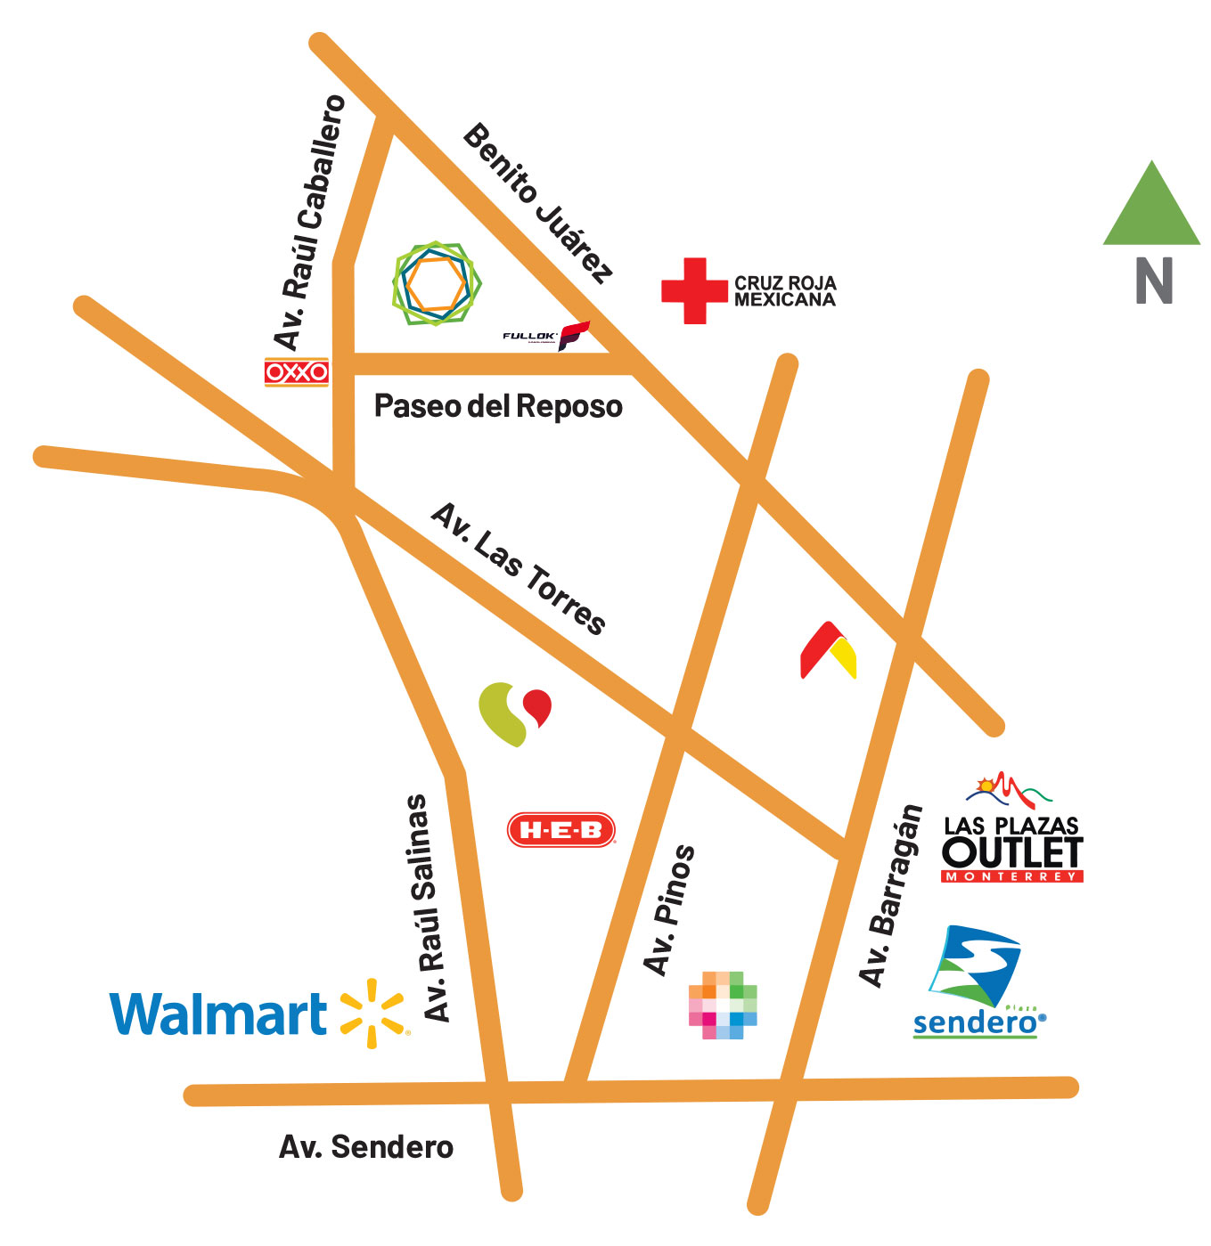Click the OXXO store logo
(296, 371)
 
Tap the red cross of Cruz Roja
(694, 290)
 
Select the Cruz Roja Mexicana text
(784, 291)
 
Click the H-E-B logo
(560, 830)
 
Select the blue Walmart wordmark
(218, 1014)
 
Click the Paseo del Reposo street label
(497, 406)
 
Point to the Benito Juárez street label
(538, 203)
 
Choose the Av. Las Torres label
(519, 567)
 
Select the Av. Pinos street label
(668, 909)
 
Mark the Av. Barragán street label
(889, 895)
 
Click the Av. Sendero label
(365, 1146)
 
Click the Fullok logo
(546, 336)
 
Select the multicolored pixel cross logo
(723, 1005)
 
